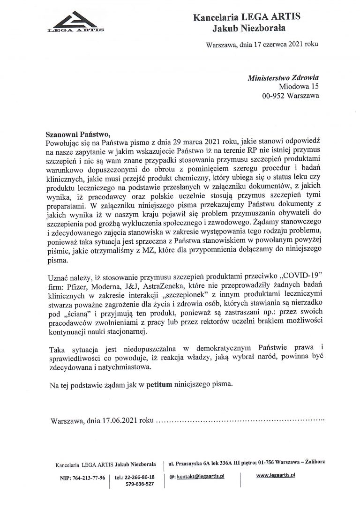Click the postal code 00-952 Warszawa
click(290, 96)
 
